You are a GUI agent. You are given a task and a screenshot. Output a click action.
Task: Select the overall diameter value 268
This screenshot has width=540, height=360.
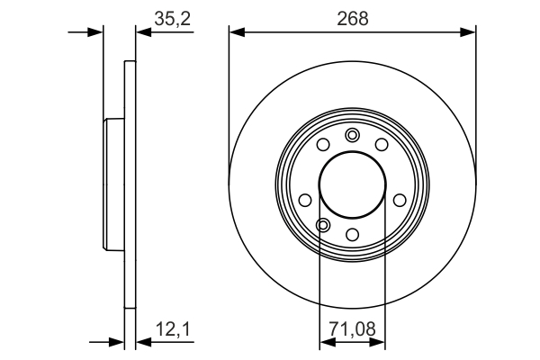pyautogui.click(x=353, y=18)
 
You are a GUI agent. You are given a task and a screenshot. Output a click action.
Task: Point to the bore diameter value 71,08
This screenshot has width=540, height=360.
pyautogui.click(x=352, y=328)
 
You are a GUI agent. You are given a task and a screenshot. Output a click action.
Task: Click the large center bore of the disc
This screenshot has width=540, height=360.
pyautogui.click(x=352, y=185)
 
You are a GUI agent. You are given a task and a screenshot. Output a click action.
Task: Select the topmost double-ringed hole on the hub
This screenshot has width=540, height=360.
pyautogui.click(x=352, y=135)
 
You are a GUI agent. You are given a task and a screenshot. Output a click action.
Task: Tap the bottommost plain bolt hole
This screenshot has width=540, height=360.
pyautogui.click(x=352, y=235)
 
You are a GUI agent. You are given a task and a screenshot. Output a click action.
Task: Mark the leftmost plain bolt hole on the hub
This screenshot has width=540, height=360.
pyautogui.click(x=304, y=200)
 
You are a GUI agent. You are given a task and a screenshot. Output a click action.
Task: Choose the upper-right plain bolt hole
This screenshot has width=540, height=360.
pyautogui.click(x=382, y=145)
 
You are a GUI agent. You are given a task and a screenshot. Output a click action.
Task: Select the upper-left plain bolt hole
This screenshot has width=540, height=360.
pyautogui.click(x=322, y=145)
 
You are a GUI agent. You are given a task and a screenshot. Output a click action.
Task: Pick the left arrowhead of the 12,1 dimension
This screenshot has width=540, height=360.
pyautogui.click(x=117, y=342)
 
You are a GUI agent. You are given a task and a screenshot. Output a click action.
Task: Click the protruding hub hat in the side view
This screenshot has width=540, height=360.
pyautogui.click(x=113, y=185)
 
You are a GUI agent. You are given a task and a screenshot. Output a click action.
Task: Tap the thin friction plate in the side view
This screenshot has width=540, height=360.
pyautogui.click(x=130, y=185)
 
